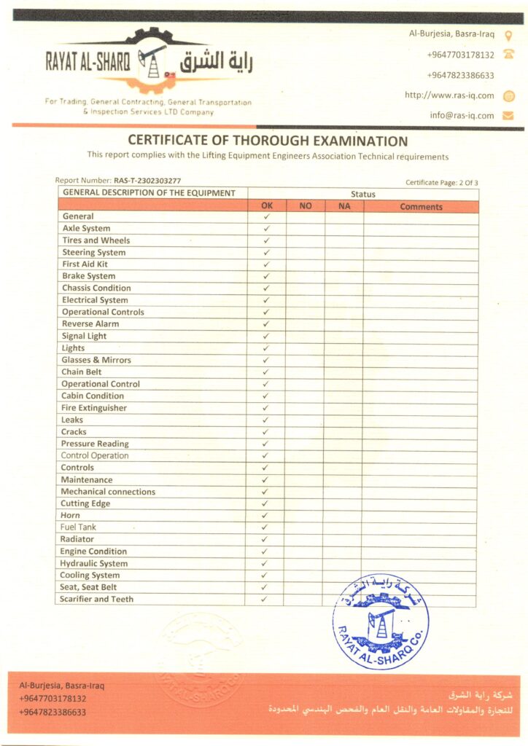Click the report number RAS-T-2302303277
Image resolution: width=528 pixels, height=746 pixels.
coord(147,180)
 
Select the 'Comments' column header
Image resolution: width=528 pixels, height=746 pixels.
coord(421,207)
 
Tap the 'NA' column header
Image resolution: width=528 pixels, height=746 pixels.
coord(344,207)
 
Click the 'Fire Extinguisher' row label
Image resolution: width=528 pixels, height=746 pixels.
coord(93,408)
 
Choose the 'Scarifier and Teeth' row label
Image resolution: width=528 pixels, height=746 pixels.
coord(97,599)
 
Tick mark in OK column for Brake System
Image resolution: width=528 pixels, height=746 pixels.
coord(266,276)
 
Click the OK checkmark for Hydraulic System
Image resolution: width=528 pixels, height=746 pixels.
coord(265,563)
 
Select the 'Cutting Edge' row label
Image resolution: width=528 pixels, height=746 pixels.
coord(85,503)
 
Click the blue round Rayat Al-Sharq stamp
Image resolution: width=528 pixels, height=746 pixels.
coord(380,623)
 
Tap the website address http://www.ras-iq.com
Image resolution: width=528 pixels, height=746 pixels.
coord(449,95)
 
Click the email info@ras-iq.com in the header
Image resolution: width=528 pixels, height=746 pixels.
coord(462,115)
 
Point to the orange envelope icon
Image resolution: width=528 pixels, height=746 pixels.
coord(508,115)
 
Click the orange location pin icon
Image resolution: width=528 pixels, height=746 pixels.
coord(508,34)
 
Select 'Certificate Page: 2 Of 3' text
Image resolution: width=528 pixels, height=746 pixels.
coord(442,182)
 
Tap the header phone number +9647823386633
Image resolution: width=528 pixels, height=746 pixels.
coord(460,75)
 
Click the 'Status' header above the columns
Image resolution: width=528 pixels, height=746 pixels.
coord(362,195)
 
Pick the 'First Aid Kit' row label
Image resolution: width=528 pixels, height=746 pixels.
coord(85,264)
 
